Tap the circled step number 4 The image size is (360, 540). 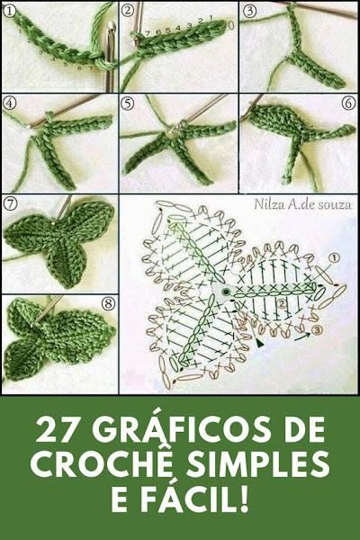pyautogui.click(x=9, y=103)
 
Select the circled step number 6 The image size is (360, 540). pyautogui.click(x=348, y=103)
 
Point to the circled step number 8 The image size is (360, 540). pyautogui.click(x=108, y=303)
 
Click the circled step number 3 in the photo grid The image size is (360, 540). pyautogui.click(x=249, y=12)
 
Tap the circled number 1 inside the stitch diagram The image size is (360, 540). pyautogui.click(x=334, y=258)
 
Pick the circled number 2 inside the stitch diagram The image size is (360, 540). pyautogui.click(x=282, y=304)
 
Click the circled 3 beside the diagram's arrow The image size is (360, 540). pyautogui.click(x=317, y=330)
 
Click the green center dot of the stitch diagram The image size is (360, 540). pyautogui.click(x=226, y=292)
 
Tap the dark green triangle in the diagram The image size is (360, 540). pyautogui.click(x=259, y=343)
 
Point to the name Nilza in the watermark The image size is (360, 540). pyautogui.click(x=266, y=204)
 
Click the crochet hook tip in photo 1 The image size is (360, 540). pyautogui.click(x=112, y=27)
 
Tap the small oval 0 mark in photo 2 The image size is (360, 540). pyautogui.click(x=230, y=25)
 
